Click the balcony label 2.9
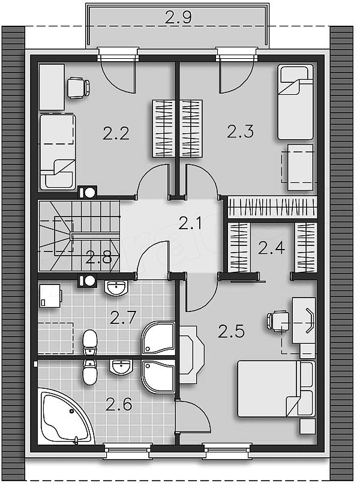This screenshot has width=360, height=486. (178, 17)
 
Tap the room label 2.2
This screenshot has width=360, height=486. (116, 134)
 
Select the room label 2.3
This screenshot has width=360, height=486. (241, 131)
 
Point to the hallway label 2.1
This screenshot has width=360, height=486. (190, 223)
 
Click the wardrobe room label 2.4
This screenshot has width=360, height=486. (271, 248)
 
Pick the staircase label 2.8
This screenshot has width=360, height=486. (98, 257)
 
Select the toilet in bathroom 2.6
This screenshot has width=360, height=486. (90, 372)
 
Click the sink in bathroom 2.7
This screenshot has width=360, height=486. (116, 287)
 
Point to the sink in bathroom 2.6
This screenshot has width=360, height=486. (121, 367)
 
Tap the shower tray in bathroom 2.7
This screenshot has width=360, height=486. (158, 338)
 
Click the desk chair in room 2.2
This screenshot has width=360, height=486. (79, 88)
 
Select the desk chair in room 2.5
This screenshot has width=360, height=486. (278, 322)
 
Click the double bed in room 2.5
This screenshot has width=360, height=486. (276, 388)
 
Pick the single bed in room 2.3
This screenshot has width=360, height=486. (295, 102)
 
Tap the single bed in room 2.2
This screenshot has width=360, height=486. (58, 152)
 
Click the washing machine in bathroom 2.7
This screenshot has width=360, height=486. (50, 296)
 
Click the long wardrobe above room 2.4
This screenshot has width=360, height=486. (272, 208)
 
